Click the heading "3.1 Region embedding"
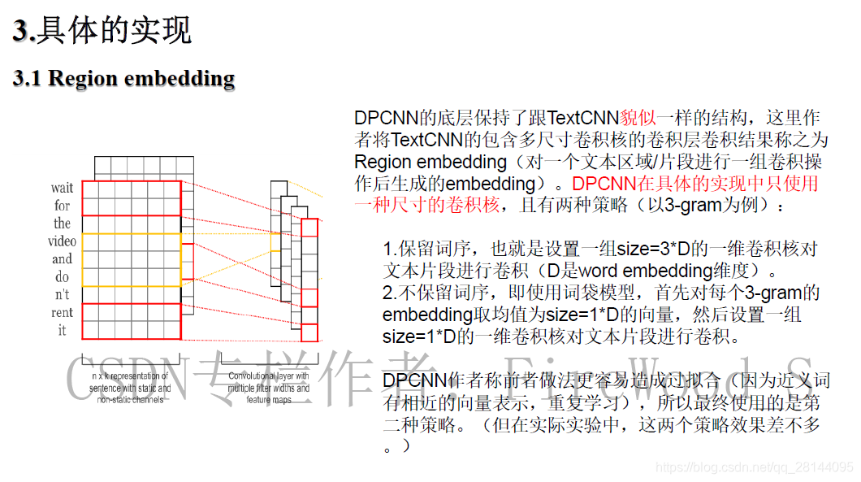(123, 78)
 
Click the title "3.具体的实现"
(102, 30)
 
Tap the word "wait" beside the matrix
(63, 189)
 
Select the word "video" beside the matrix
(63, 241)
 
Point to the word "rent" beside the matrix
(63, 313)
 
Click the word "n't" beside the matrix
(63, 295)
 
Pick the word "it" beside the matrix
(63, 331)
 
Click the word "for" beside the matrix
(63, 206)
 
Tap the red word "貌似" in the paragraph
(638, 118)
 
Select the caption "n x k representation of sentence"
(130, 382)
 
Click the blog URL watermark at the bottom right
(754, 468)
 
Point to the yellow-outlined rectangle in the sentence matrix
(131, 259)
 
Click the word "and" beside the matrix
(63, 259)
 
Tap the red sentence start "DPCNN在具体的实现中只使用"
(695, 184)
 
